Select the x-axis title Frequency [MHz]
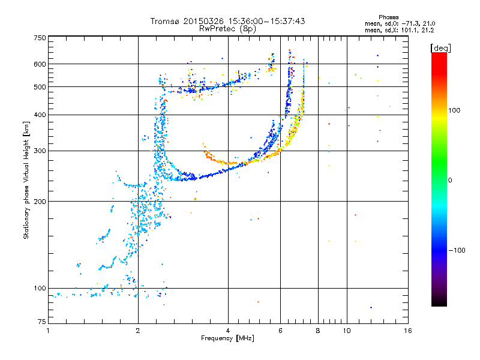[x=228, y=339]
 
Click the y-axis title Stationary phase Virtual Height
[x=26, y=180]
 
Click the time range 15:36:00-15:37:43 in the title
[x=266, y=21]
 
